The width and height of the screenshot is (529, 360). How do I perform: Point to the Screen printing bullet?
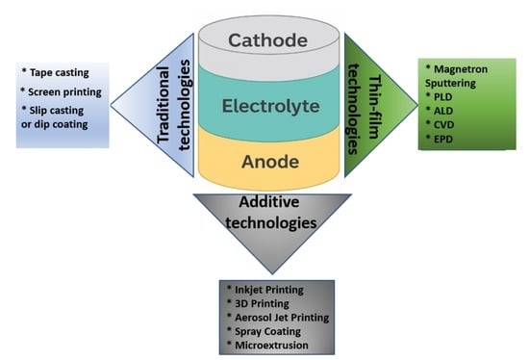(x=64, y=92)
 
